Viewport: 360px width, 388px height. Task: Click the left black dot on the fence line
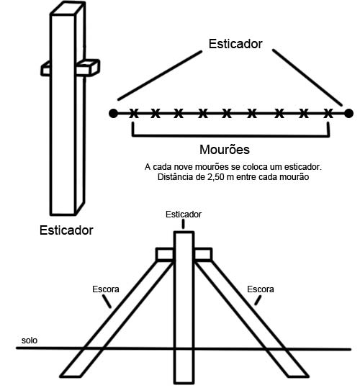coord(113,114)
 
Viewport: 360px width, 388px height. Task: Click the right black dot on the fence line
coord(349,114)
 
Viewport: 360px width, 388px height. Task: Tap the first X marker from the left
coord(134,114)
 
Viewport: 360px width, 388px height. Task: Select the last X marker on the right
coord(328,114)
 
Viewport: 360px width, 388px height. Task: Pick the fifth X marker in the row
coord(227,114)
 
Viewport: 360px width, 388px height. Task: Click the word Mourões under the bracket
coord(225,150)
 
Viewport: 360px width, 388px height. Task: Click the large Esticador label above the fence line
coord(235,44)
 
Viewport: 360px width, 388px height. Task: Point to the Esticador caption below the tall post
coord(66,230)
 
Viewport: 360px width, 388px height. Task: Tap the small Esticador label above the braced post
coord(184,215)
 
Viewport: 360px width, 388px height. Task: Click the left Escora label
coord(106,289)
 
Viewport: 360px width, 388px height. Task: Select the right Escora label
coord(261,289)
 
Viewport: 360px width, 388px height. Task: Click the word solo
coord(30,340)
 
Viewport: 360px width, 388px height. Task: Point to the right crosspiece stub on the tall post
coord(88,68)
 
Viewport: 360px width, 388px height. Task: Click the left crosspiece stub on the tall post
coord(45,69)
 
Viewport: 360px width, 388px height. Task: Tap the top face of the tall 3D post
coord(68,8)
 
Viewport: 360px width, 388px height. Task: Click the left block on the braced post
coord(165,254)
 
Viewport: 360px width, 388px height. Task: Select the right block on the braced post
coord(203,254)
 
